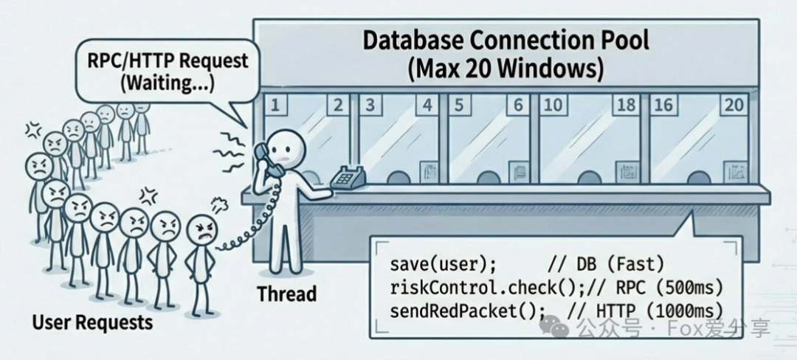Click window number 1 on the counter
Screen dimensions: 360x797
[275, 105]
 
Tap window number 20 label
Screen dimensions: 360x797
[734, 105]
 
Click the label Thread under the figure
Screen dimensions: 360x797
[286, 294]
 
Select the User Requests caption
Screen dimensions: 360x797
[92, 322]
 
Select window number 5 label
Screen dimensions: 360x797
[458, 105]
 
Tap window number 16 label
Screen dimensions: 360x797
[663, 105]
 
